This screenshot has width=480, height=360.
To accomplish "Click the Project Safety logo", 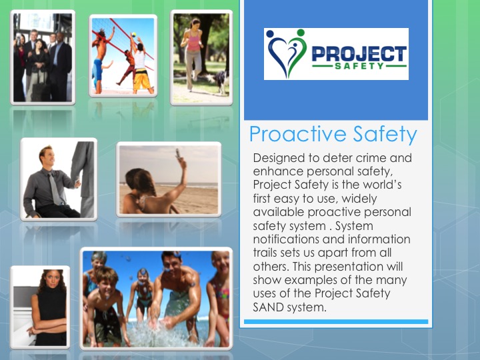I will (336, 54).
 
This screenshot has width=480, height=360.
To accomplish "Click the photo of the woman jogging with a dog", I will (201, 57).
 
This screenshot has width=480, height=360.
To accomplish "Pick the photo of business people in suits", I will (43, 57).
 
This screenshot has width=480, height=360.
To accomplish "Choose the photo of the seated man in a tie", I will (59, 179).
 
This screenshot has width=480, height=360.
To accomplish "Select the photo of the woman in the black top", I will (40, 307).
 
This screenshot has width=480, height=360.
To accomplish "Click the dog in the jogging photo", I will (219, 82).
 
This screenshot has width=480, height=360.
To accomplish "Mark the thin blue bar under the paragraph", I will (336, 322).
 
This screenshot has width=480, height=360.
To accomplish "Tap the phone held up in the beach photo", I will (178, 155).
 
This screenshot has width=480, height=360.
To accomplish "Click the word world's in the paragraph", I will (385, 185).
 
